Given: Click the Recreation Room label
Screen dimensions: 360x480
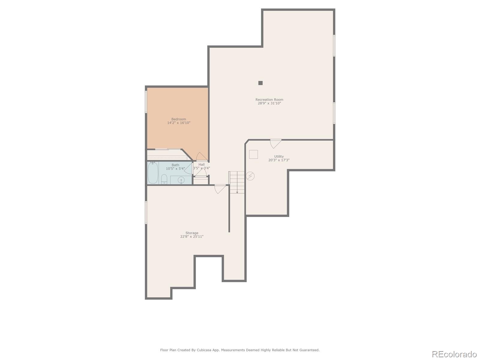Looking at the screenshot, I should (x=269, y=100).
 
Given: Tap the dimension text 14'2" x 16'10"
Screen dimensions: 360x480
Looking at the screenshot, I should (x=179, y=123).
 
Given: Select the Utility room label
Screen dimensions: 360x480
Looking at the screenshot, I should (x=279, y=156).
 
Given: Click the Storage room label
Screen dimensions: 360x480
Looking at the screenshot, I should (x=192, y=233).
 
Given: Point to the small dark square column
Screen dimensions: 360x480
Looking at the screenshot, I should (x=260, y=83).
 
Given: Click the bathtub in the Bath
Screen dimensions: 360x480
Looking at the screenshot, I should (x=153, y=173).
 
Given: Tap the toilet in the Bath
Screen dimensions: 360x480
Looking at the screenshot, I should (x=164, y=179).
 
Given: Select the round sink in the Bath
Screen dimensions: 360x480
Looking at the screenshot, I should (x=181, y=180).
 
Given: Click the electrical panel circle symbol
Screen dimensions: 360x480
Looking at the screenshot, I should (x=250, y=176).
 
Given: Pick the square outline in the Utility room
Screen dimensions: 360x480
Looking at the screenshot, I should (x=253, y=154).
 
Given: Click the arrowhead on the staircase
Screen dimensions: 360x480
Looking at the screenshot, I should (x=237, y=192).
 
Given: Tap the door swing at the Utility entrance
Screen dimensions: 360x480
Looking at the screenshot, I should (x=275, y=144).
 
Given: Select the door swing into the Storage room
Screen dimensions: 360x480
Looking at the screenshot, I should (x=220, y=189).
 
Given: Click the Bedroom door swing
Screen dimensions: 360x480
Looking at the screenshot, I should (x=201, y=157).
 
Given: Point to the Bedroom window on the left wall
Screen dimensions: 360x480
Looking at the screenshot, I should (x=146, y=102).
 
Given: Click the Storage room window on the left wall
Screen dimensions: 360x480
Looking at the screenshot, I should (x=146, y=212).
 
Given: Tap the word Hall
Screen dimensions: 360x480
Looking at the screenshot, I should (x=202, y=164).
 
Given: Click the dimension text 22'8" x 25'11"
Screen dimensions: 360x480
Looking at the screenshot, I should (x=192, y=236).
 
